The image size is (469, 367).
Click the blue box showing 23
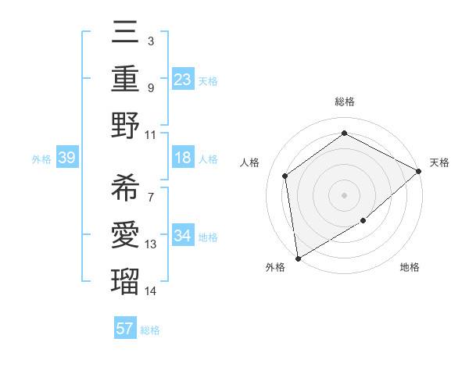pos(182,80)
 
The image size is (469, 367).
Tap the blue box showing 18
pos(182,159)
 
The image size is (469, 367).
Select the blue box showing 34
pos(182,236)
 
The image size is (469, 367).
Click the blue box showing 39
pos(66,159)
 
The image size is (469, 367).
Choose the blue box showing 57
pos(125,329)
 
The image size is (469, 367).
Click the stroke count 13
pos(152,245)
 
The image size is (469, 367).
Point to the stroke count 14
pos(152,290)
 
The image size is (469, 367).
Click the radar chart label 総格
pos(344,102)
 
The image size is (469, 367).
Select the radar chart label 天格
pos(440,162)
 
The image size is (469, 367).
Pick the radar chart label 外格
pos(275,268)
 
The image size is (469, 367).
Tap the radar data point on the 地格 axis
pos(363,221)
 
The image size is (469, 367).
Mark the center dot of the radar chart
pos(344,194)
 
